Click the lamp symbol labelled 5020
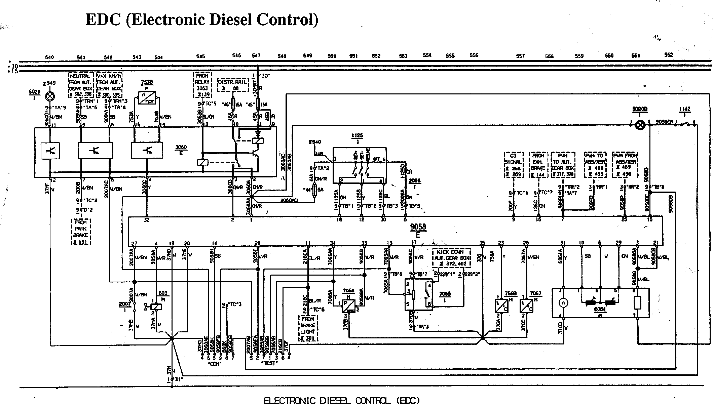pos(50,97)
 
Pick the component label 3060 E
pos(181,150)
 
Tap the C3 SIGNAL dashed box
pos(513,165)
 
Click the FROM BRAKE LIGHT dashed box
pos(308,329)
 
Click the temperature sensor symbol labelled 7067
pos(526,305)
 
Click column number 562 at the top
pos(669,55)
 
